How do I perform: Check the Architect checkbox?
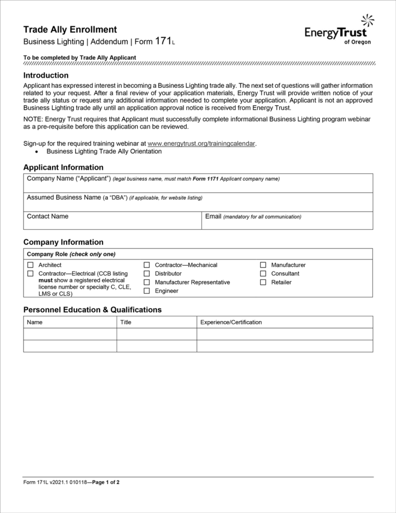pos(30,265)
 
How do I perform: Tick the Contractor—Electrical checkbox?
pos(30,274)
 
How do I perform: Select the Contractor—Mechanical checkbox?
pos(146,265)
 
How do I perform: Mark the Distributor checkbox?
pos(146,274)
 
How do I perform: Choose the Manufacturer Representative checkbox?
pos(146,282)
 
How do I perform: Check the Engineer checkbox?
pos(146,291)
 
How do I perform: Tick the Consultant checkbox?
pos(263,274)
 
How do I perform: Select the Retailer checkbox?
pos(263,282)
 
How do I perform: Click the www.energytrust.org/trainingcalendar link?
pos(201,143)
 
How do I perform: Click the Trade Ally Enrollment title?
pos(70,30)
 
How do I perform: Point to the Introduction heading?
pos(46,75)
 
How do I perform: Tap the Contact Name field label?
pos(47,216)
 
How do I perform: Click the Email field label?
pos(213,216)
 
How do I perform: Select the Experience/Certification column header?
pos(230,322)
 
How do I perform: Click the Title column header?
pos(125,322)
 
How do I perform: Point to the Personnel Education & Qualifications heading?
pos(92,310)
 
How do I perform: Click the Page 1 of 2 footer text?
pos(106,483)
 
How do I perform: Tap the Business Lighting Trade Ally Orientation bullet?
pos(104,151)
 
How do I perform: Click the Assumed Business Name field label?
pos(64,197)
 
